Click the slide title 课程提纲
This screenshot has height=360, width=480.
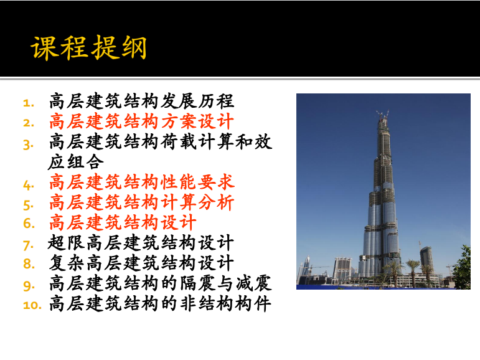[88, 47]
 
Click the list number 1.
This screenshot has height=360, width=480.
[29, 103]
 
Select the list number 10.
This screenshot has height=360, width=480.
[32, 305]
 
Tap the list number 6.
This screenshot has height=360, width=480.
[29, 224]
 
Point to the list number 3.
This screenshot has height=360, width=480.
[29, 144]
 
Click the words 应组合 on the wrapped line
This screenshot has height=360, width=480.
[76, 162]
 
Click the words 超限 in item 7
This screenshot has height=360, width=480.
[67, 243]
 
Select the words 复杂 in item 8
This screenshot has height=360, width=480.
[67, 263]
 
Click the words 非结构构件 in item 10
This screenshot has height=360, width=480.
[225, 303]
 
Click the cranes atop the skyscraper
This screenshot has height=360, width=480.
[383, 115]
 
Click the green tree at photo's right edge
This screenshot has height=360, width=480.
[462, 267]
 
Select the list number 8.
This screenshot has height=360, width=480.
[29, 264]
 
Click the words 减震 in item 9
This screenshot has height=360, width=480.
[253, 283]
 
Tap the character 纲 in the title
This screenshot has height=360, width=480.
[134, 47]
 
